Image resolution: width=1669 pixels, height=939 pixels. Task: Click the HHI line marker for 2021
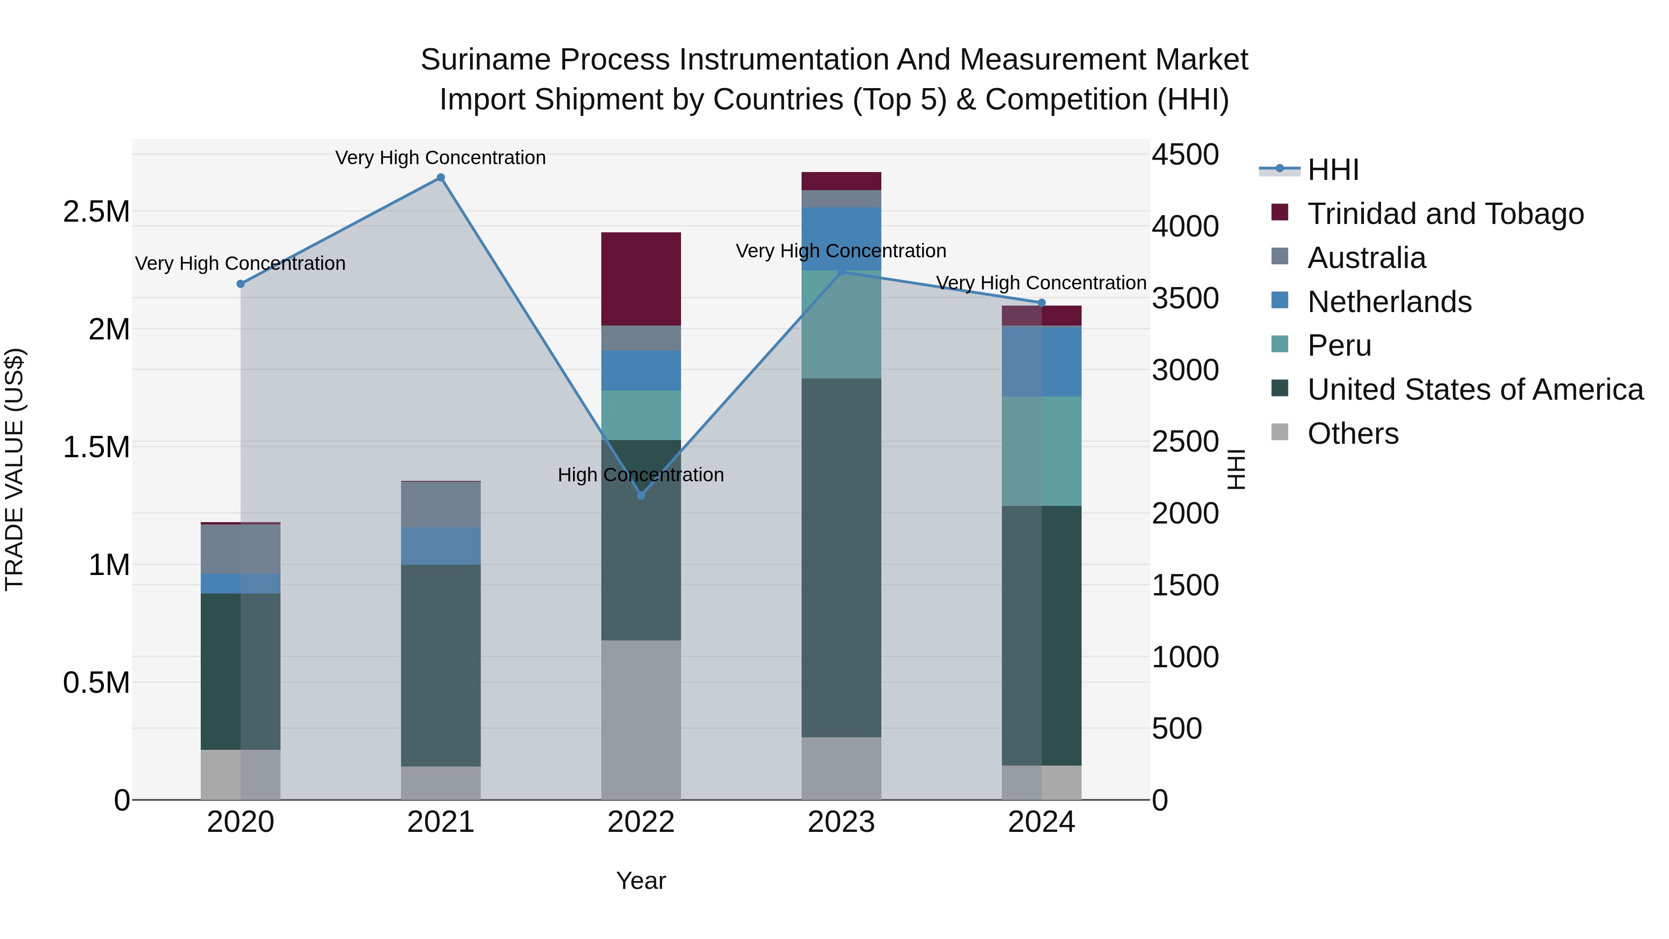pyautogui.click(x=440, y=178)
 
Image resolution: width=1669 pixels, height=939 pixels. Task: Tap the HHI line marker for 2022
pyautogui.click(x=641, y=495)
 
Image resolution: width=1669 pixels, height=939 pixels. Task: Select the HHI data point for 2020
pyautogui.click(x=240, y=284)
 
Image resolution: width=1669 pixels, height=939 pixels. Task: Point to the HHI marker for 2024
pyautogui.click(x=1042, y=303)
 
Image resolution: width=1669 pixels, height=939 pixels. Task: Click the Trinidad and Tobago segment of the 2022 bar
pyautogui.click(x=641, y=279)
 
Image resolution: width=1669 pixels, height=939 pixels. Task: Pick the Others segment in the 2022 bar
pyautogui.click(x=641, y=719)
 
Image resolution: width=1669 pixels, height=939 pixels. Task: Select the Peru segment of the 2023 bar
pyautogui.click(x=841, y=324)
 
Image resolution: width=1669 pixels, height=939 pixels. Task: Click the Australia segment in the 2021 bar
pyautogui.click(x=440, y=504)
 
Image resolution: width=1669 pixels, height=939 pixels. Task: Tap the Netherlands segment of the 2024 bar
pyautogui.click(x=1042, y=361)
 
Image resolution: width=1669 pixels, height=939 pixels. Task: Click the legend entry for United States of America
pyautogui.click(x=1475, y=390)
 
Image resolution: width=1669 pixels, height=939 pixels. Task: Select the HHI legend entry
pyautogui.click(x=1333, y=170)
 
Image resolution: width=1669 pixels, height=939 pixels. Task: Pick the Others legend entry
pyautogui.click(x=1353, y=434)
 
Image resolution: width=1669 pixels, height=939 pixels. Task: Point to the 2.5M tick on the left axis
pyautogui.click(x=96, y=212)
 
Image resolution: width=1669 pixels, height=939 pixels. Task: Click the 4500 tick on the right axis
pyautogui.click(x=1185, y=155)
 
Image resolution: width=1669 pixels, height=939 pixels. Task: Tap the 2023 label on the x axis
pyautogui.click(x=841, y=822)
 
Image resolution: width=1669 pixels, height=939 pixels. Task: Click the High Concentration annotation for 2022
pyautogui.click(x=641, y=475)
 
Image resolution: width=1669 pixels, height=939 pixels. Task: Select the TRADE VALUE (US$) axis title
pyautogui.click(x=14, y=469)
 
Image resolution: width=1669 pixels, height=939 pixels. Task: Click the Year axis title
pyautogui.click(x=641, y=881)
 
